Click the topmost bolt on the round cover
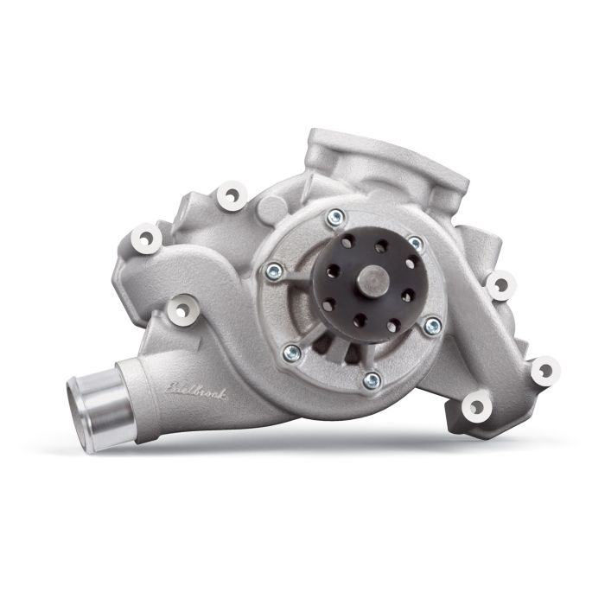click(334, 217)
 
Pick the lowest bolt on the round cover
click(372, 379)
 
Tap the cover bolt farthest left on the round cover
click(273, 271)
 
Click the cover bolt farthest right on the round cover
click(433, 325)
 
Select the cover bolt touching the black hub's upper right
click(415, 245)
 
